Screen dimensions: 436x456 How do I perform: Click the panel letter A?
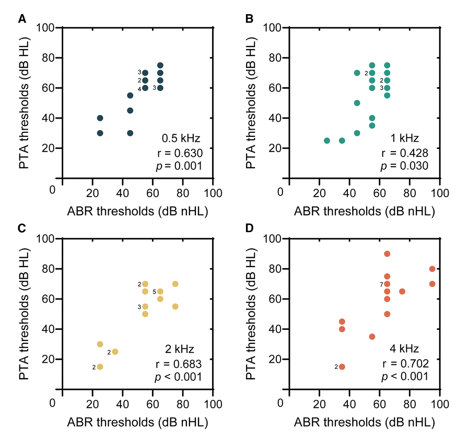click(x=22, y=19)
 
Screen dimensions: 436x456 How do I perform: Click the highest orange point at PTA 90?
click(x=387, y=254)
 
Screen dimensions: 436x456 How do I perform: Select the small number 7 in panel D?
click(x=382, y=284)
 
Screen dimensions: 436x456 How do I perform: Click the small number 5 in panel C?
click(x=155, y=291)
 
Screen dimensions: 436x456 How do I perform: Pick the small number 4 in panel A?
click(x=139, y=88)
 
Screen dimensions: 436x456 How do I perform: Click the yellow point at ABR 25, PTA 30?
click(x=100, y=344)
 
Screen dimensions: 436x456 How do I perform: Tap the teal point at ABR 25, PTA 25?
click(x=327, y=141)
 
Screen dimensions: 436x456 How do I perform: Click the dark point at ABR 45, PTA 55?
click(x=130, y=96)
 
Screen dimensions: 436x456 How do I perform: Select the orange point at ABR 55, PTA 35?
click(x=372, y=337)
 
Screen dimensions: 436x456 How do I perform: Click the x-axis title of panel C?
click(x=137, y=421)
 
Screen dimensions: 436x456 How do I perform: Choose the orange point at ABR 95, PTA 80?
click(x=432, y=269)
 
